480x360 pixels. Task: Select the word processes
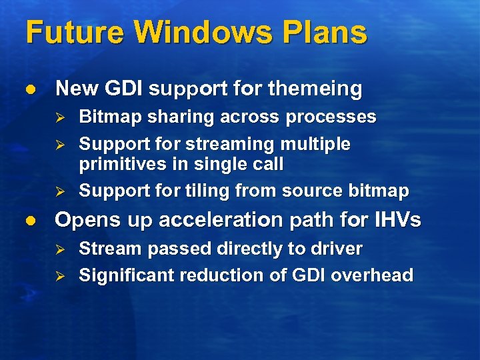click(331, 117)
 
